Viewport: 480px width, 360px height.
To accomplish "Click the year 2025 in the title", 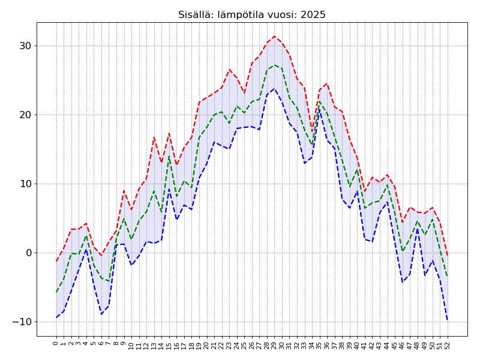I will (313, 15).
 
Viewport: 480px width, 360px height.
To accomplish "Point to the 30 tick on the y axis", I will (24, 46).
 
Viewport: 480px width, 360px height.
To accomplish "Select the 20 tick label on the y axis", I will (24, 115).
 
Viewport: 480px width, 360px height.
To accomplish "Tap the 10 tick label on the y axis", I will (24, 184).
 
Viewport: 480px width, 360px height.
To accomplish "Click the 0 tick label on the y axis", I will (28, 253).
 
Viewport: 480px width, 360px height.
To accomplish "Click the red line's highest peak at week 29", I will (275, 36).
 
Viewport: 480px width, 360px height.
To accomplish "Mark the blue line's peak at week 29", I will (275, 89).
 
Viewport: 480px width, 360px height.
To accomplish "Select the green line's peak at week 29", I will (275, 65).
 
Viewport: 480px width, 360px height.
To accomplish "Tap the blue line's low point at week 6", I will (101, 314).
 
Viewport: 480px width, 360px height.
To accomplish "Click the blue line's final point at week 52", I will (448, 320).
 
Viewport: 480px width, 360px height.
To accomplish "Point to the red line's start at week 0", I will (56, 261).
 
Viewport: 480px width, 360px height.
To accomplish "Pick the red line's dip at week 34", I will (312, 131).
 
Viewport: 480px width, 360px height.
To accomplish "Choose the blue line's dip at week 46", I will (403, 282).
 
